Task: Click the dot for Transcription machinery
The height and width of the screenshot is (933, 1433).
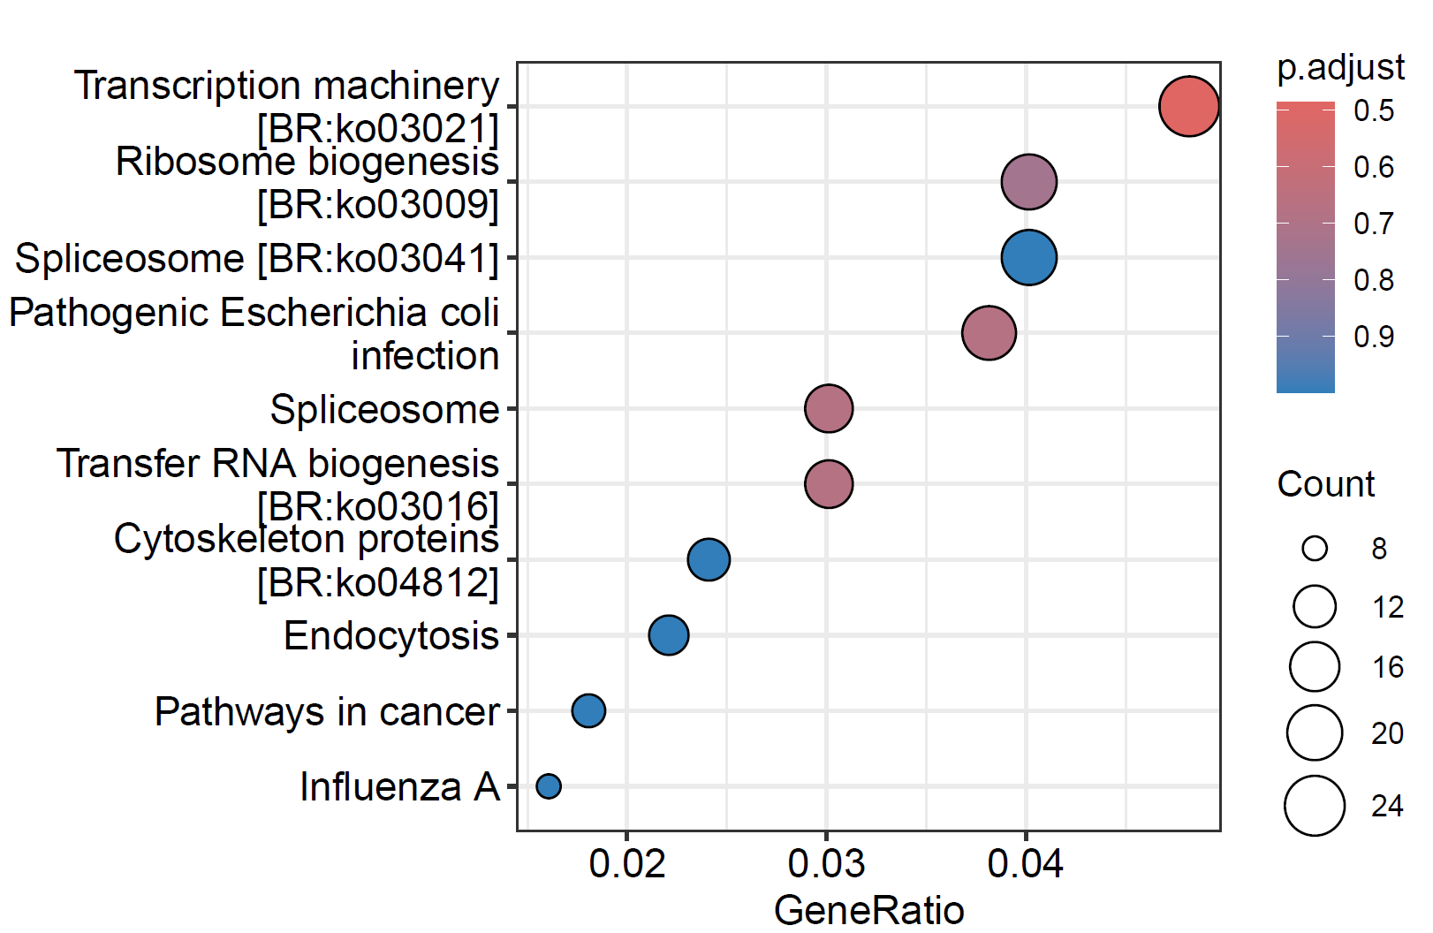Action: click(1188, 106)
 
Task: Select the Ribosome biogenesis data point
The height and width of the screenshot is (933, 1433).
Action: click(1028, 182)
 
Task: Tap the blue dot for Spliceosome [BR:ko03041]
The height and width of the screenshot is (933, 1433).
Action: click(1028, 258)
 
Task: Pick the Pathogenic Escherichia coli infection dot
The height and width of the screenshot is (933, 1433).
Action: click(989, 333)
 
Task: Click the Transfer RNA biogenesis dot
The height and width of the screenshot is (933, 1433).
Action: click(829, 484)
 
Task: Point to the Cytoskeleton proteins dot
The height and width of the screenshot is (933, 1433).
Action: click(709, 559)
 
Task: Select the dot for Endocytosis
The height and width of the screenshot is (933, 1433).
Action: click(669, 635)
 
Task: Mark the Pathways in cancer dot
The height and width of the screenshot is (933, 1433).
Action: click(588, 710)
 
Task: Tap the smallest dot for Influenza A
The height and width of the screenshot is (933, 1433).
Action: click(549, 785)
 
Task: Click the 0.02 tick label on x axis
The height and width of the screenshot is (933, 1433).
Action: click(626, 864)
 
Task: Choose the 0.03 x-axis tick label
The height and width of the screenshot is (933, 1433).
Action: click(826, 864)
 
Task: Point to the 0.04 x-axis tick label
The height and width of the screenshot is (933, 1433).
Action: click(1026, 864)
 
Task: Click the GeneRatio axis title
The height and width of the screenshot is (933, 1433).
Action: click(868, 910)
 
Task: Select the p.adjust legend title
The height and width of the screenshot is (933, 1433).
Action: click(1340, 68)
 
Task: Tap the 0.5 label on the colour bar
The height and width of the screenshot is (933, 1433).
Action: click(1374, 110)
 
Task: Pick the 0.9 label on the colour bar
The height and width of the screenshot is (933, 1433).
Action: click(1374, 337)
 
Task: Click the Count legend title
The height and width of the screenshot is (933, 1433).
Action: click(1325, 484)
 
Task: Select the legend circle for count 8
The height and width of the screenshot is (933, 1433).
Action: click(1315, 549)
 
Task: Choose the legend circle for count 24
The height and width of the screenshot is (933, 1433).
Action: click(1315, 806)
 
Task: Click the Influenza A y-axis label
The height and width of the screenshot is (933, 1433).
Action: click(399, 786)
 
